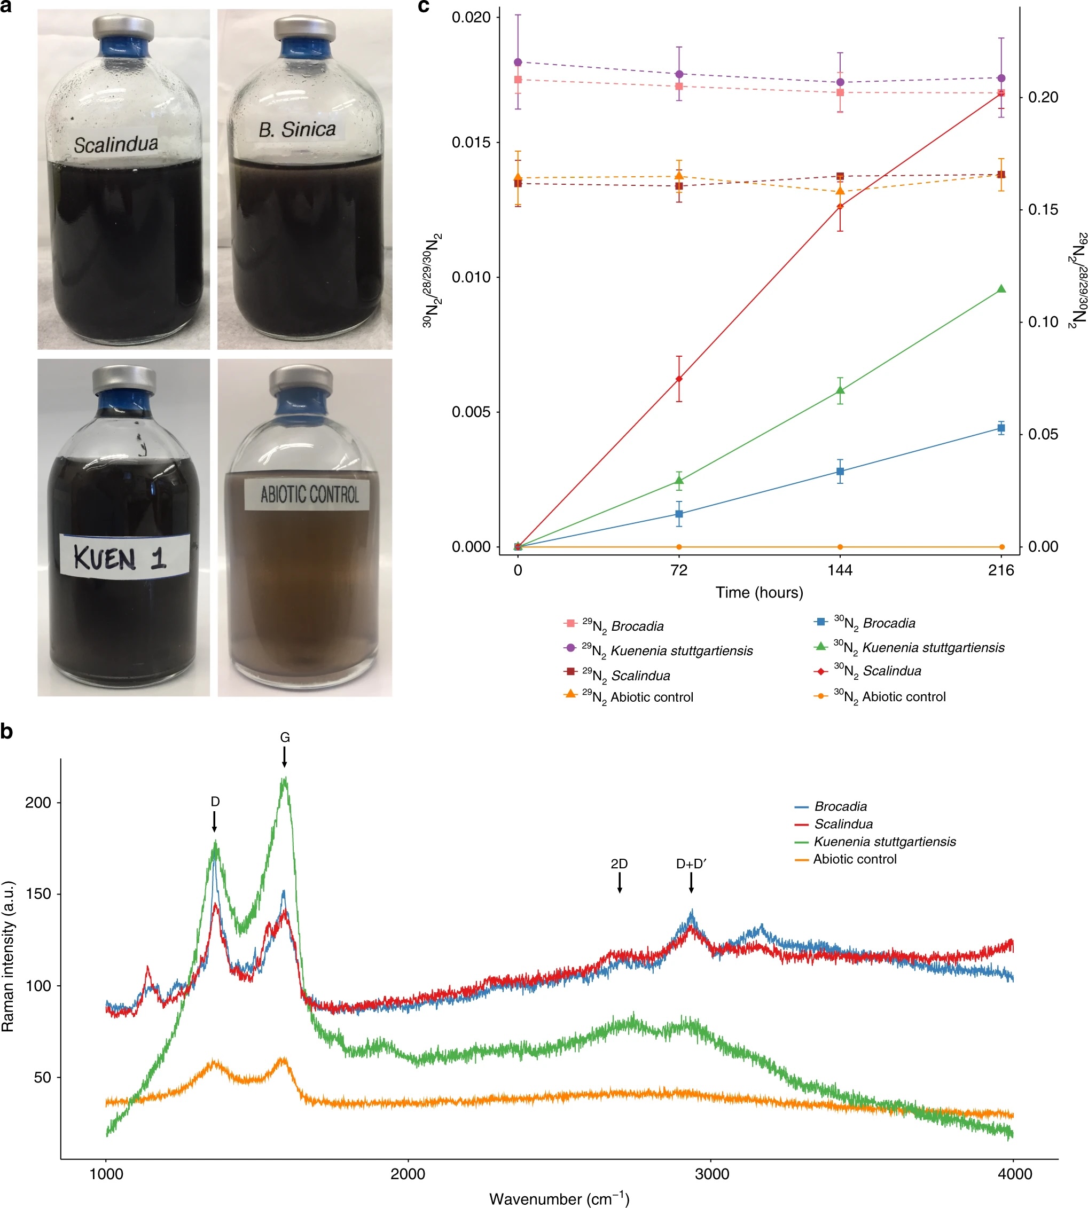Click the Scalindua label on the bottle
coord(116,144)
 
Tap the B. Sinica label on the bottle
coord(297,129)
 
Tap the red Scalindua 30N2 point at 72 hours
coord(679,378)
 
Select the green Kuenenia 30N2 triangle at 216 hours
coord(1001,289)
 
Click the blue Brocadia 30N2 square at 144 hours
coord(840,472)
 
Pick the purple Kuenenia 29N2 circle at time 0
coord(518,62)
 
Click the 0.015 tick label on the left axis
coord(471,142)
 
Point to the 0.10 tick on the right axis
coord(1043,322)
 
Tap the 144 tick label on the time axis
coord(840,570)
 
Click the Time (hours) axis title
coord(759,592)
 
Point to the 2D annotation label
coord(620,864)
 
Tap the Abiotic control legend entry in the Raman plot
coord(854,859)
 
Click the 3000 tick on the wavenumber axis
coord(712,1174)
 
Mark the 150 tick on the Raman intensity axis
coord(38,893)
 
